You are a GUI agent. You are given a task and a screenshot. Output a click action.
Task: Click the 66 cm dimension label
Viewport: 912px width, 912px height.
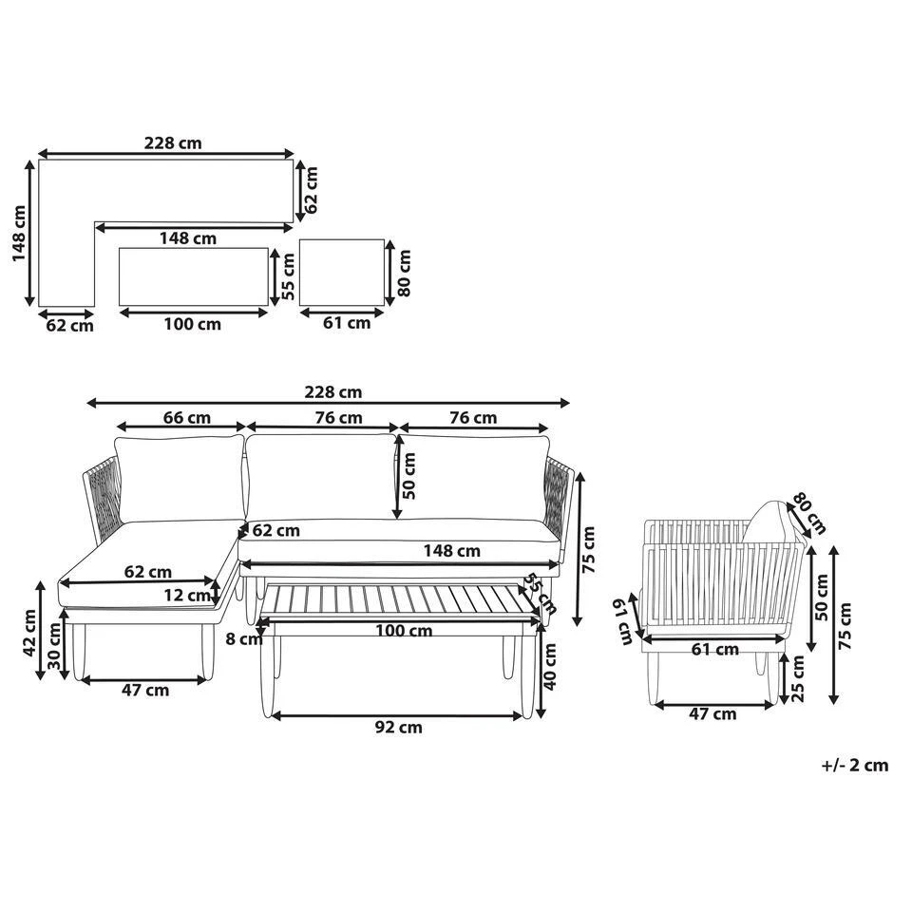pos(186,418)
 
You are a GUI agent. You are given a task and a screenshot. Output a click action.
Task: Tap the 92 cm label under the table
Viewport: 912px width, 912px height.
pos(398,727)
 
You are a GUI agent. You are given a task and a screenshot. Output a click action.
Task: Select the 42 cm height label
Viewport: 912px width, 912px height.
pos(29,634)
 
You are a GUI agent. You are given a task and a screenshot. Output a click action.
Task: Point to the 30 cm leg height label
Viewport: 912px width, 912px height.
pos(54,646)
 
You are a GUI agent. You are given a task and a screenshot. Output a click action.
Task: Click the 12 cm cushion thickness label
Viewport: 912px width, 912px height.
pos(187,596)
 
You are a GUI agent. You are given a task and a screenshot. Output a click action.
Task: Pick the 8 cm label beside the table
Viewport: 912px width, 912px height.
pos(244,638)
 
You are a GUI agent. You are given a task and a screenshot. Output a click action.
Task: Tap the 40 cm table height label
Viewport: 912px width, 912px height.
pos(549,667)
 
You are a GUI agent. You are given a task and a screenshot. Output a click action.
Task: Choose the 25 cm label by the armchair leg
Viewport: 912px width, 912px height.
pos(798,678)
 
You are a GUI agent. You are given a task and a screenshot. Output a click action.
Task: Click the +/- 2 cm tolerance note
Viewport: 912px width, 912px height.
pos(854,765)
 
